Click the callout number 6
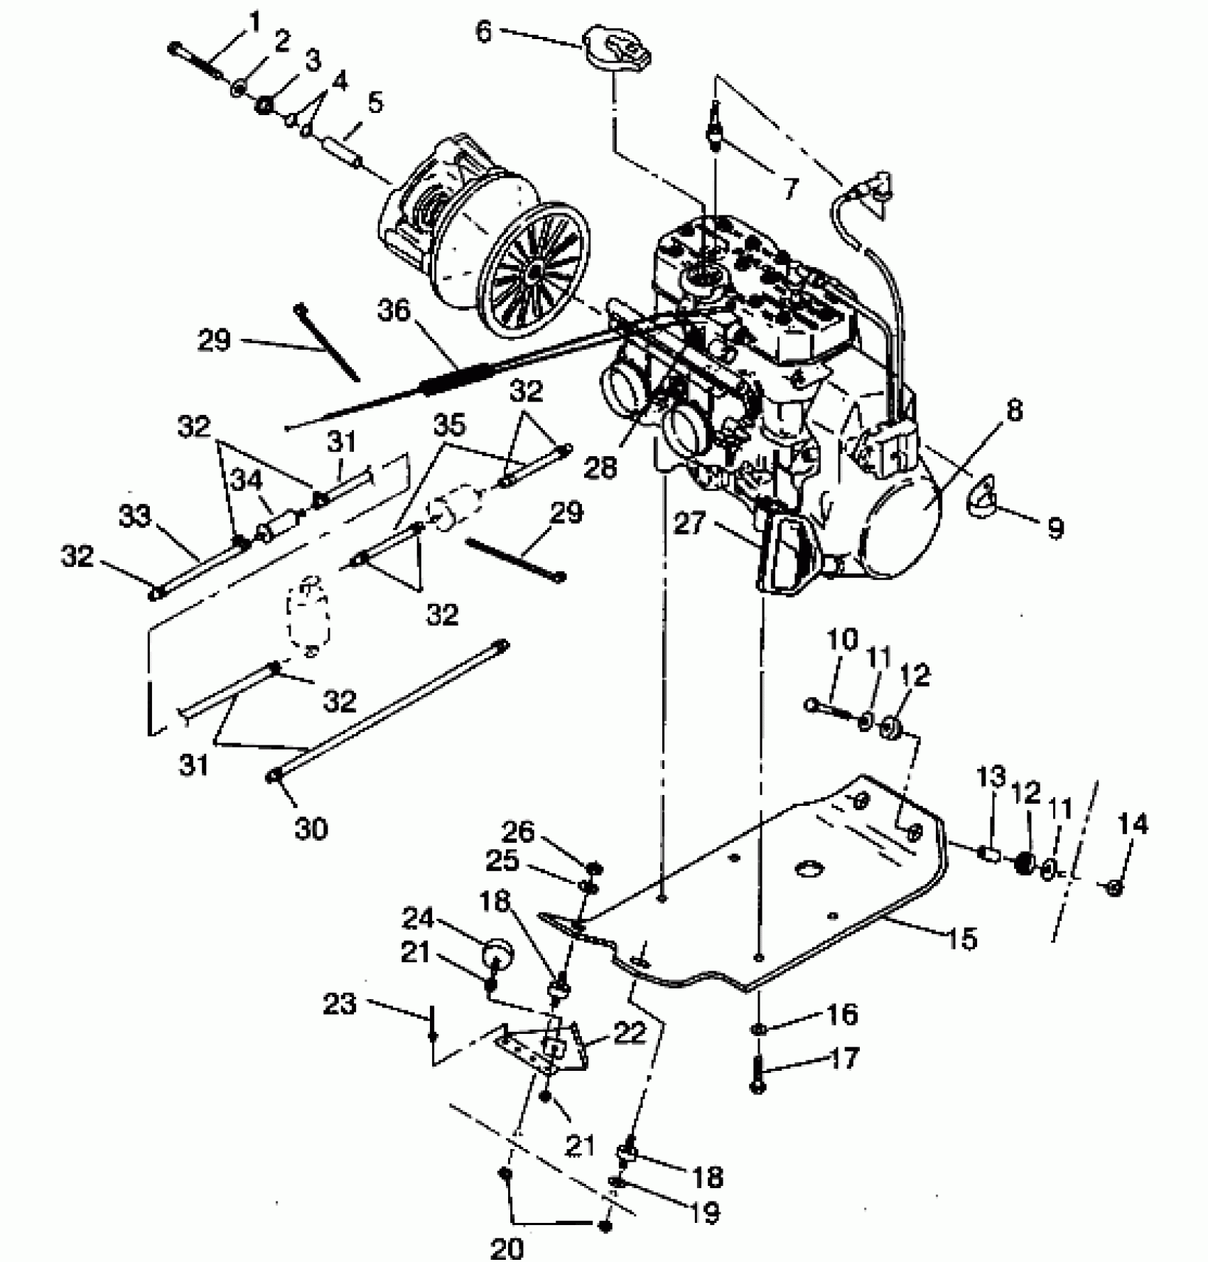coord(483,32)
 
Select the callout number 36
coord(394,312)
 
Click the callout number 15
coord(962,939)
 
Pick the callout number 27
coord(689,524)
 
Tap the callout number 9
coord(1055,528)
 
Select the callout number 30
coord(311,828)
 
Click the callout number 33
coord(135,517)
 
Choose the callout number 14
coord(1132,825)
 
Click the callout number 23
coord(339,1005)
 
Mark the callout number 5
coord(374,104)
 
